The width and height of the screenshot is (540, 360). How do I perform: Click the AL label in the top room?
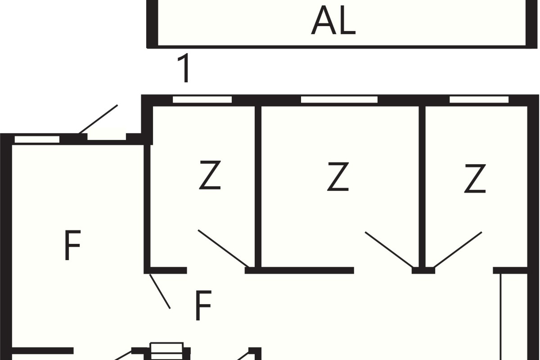pyautogui.click(x=333, y=21)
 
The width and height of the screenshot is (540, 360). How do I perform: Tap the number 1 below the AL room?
pyautogui.click(x=184, y=68)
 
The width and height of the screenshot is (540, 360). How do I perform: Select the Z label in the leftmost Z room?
pyautogui.click(x=210, y=175)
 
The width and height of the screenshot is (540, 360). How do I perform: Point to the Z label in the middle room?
pyautogui.click(x=338, y=177)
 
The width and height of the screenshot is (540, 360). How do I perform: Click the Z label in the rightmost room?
pyautogui.click(x=475, y=179)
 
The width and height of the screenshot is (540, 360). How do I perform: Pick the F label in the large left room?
pyautogui.click(x=72, y=245)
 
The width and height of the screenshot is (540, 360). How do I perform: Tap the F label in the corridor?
pyautogui.click(x=203, y=306)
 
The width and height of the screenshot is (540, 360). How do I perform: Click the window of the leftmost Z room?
pyautogui.click(x=202, y=99)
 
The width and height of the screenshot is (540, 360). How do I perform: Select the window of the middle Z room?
pyautogui.click(x=339, y=99)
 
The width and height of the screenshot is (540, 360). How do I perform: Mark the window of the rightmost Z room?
pyautogui.click(x=479, y=99)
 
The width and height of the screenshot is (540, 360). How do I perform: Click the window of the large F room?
pyautogui.click(x=37, y=139)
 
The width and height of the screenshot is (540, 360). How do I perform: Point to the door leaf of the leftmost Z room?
pyautogui.click(x=224, y=248)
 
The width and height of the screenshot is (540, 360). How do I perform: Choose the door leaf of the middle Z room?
pyautogui.click(x=390, y=250)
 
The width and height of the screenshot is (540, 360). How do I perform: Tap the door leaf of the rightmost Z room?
pyautogui.click(x=458, y=250)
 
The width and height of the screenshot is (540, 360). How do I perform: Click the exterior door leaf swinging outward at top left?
pyautogui.click(x=98, y=119)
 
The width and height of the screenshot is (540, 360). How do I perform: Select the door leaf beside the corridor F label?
pyautogui.click(x=160, y=291)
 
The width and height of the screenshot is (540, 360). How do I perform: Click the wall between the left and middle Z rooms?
pyautogui.click(x=258, y=187)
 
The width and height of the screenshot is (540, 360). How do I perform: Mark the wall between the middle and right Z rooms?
pyautogui.click(x=422, y=187)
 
